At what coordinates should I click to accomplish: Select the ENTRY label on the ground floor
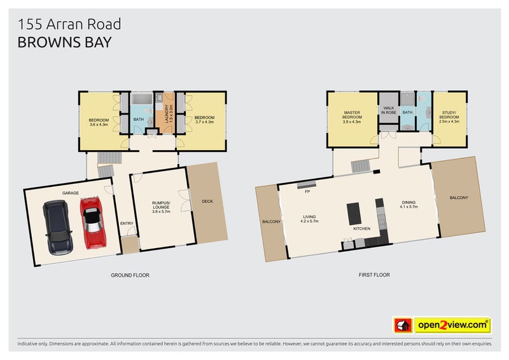(127, 223)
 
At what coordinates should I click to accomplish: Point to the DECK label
(207, 202)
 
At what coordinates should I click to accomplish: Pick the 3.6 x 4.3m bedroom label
(99, 123)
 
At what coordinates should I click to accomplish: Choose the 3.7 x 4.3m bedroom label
(204, 120)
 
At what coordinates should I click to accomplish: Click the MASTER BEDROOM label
(352, 118)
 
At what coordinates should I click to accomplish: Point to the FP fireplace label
(307, 191)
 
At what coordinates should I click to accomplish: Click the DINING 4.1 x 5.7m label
(408, 205)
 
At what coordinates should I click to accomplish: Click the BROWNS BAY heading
(64, 43)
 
